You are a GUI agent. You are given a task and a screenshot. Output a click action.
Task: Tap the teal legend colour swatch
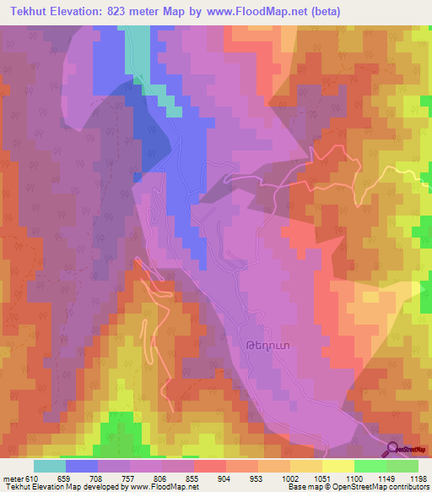50,466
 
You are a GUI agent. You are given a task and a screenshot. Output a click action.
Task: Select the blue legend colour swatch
82,466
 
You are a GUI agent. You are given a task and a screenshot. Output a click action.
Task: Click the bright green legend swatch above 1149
370,466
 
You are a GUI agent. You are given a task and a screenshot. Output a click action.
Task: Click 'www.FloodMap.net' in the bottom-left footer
159,487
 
